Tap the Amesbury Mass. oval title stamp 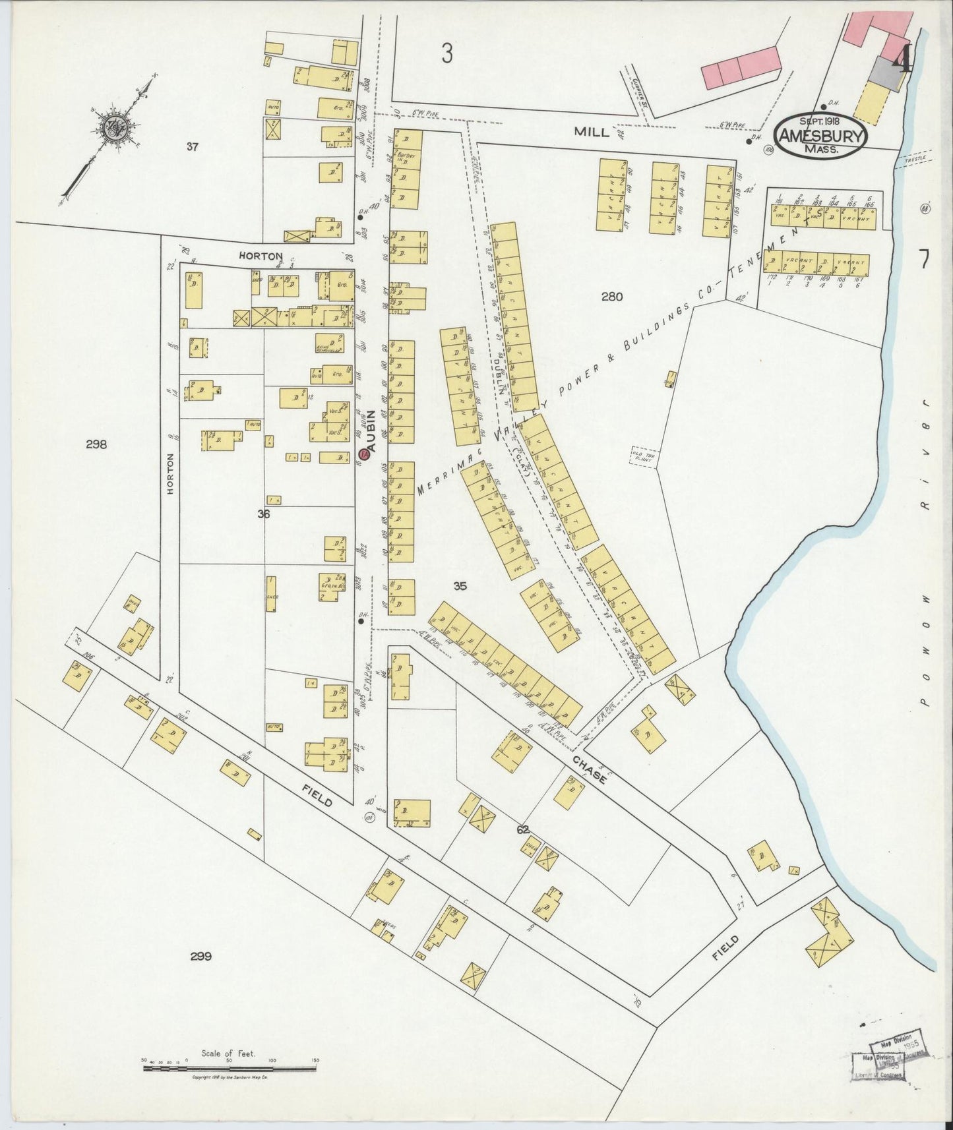820,135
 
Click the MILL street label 592,132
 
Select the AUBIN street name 371,431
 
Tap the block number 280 611,297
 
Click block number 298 96,444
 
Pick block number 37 192,147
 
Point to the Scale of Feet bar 229,1067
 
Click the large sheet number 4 902,59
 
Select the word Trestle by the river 915,159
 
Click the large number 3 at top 448,53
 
